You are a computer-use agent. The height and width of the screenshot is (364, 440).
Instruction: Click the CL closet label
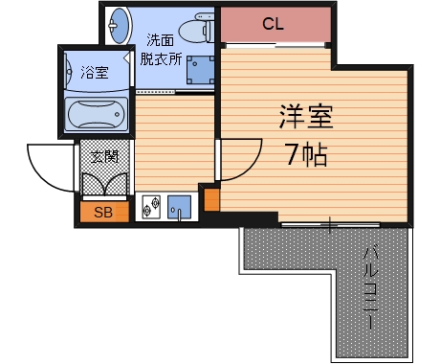[x=274, y=24]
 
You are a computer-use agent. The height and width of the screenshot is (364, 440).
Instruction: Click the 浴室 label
[x=94, y=71]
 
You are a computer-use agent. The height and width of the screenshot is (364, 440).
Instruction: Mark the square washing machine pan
[x=200, y=70]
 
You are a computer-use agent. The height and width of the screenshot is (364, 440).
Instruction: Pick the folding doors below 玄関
[x=103, y=183]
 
